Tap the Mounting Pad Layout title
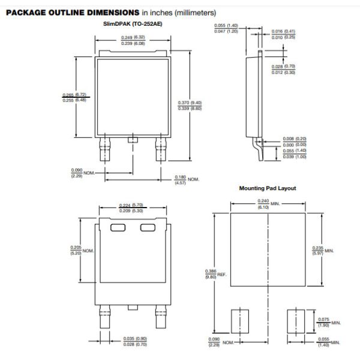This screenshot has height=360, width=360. pos(268,188)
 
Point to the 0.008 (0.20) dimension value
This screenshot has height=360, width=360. pos(295,139)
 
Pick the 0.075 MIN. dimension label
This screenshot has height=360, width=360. pos(328,321)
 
